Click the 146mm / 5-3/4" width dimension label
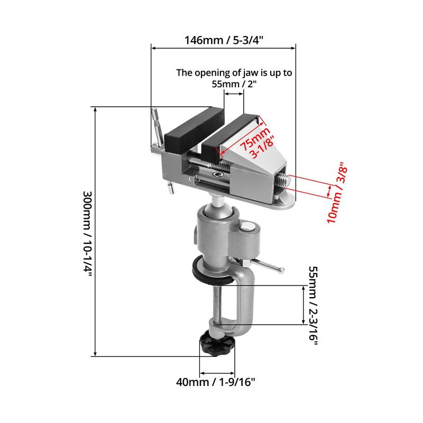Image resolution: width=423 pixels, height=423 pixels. point(224,40)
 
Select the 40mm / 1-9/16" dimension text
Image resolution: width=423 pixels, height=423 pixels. point(218,381)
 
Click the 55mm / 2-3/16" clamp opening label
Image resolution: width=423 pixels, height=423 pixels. point(312,306)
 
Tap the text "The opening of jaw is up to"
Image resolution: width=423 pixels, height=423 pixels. point(234,73)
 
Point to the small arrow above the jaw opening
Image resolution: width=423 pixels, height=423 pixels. point(234,94)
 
